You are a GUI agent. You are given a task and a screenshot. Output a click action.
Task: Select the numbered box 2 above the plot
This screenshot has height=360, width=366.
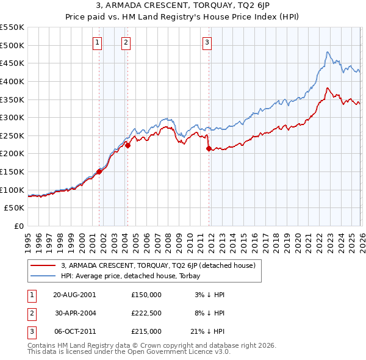[x=125, y=42]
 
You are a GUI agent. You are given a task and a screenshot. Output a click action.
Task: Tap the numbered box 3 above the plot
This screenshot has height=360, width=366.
[x=207, y=42]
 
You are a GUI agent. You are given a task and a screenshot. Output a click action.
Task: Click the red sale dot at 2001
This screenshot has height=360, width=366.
[x=99, y=172]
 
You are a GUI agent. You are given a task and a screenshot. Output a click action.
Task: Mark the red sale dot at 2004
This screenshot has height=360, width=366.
[x=128, y=146]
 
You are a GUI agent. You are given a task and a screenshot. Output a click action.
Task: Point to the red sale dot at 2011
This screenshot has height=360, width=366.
[x=209, y=148]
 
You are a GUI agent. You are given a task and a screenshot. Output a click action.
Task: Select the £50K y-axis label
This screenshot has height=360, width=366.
[x=14, y=208]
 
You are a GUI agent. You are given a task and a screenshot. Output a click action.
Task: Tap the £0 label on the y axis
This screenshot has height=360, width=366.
[x=19, y=226]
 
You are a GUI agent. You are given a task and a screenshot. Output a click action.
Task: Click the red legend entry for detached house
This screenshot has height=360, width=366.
[x=161, y=265]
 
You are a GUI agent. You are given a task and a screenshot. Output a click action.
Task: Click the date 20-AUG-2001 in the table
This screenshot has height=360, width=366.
[x=74, y=295]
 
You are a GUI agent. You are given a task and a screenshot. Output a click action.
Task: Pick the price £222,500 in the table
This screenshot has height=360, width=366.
[x=146, y=313]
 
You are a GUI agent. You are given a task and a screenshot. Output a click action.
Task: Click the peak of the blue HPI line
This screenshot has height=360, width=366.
[x=328, y=52]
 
